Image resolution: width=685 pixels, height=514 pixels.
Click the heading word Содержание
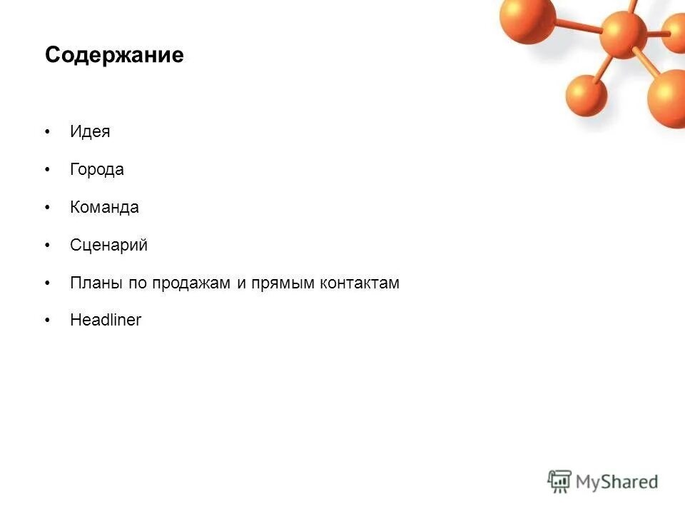click(x=114, y=56)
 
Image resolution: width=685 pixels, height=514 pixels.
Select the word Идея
click(x=90, y=132)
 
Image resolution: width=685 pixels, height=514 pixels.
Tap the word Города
click(x=97, y=170)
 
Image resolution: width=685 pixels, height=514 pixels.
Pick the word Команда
click(x=104, y=208)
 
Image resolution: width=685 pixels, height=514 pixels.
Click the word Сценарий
click(x=108, y=246)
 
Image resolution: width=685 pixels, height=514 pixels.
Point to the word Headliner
click(x=106, y=321)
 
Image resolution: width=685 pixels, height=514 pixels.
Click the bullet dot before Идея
click(x=48, y=133)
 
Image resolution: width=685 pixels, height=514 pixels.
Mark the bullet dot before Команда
click(x=48, y=208)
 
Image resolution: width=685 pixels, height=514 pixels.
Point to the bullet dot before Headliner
click(x=48, y=321)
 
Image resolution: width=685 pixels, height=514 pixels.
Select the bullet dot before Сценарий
click(x=48, y=246)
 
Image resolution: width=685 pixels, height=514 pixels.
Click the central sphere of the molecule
click(x=623, y=34)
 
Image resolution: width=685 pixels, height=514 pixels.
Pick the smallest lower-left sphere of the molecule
click(x=586, y=95)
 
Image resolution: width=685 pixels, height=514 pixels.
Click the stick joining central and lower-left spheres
click(x=604, y=66)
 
